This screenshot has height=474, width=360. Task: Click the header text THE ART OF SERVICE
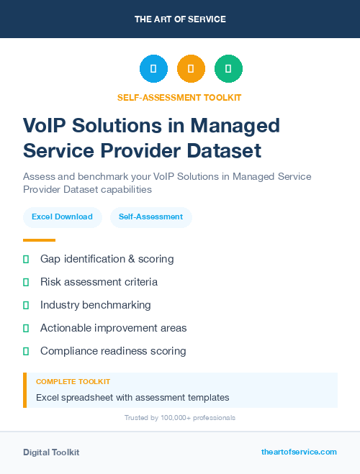click(180, 19)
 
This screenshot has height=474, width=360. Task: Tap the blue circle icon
click(153, 69)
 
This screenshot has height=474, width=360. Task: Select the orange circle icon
click(191, 69)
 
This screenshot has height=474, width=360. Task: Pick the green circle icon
click(228, 69)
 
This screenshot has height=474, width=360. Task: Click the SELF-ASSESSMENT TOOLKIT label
click(180, 97)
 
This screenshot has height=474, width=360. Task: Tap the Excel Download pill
click(62, 217)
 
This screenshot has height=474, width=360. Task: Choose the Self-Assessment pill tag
click(150, 217)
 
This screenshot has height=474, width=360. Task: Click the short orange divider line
click(39, 240)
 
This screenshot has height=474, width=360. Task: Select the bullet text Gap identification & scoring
click(107, 258)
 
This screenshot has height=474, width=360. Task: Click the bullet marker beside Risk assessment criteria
click(26, 282)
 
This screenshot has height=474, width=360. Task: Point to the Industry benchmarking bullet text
click(96, 305)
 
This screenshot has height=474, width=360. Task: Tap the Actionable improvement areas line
click(113, 328)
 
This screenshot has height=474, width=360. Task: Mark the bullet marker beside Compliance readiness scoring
click(26, 351)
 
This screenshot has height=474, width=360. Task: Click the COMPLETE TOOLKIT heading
click(73, 381)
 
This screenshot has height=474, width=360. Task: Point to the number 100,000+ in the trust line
click(178, 417)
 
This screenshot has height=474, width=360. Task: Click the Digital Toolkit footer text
click(51, 452)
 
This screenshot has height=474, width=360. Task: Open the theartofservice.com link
click(299, 452)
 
